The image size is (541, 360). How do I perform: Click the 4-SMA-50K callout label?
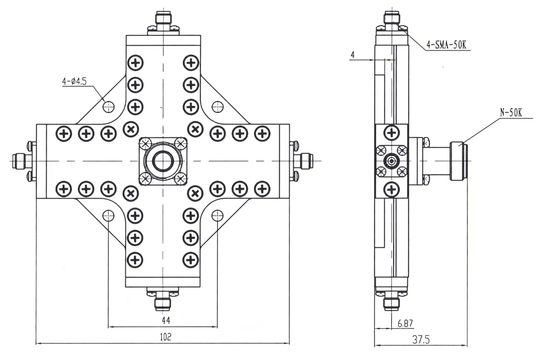coord(446,45)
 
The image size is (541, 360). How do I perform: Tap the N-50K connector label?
coord(511,113)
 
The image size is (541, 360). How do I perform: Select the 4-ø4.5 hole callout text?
coord(74,82)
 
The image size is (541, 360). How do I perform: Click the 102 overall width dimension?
coord(166,337)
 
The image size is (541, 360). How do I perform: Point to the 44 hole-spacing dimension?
coord(166,320)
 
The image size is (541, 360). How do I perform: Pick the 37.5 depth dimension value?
coord(421,340)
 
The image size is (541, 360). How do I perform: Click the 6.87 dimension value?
coord(405,324)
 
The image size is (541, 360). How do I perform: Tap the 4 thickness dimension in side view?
coord(353,55)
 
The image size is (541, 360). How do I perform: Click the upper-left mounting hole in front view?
coord(108,107)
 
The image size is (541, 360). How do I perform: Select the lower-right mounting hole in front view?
coord(217,216)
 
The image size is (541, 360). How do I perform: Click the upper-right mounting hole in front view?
coord(218,107)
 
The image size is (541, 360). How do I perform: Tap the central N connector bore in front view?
coord(163,161)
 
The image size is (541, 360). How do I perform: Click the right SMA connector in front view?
coord(306,161)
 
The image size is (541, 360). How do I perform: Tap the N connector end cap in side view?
coord(458,161)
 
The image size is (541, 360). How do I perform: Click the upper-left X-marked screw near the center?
coord(131,129)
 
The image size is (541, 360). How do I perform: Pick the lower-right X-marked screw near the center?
coord(195,193)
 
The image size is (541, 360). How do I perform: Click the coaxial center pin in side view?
coord(391,161)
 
